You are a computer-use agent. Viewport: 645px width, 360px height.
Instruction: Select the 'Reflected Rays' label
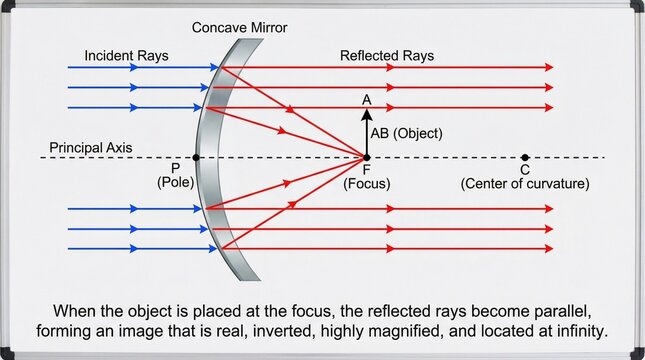(387, 55)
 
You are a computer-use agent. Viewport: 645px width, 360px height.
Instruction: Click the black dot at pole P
(196, 157)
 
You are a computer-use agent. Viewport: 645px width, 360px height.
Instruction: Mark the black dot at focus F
(366, 157)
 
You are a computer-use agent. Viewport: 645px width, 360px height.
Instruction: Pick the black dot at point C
(525, 157)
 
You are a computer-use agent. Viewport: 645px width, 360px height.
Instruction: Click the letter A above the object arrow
(367, 101)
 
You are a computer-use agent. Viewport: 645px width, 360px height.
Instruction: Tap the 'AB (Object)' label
(406, 132)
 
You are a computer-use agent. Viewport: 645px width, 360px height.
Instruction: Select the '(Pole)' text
(176, 183)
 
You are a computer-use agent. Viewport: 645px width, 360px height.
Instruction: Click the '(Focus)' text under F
(366, 184)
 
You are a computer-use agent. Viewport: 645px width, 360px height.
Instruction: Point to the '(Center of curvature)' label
(525, 184)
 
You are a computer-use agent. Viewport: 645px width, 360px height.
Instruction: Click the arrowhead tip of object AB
(366, 112)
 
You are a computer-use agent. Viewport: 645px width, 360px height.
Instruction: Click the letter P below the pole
(176, 169)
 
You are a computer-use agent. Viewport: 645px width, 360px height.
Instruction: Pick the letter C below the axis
(525, 170)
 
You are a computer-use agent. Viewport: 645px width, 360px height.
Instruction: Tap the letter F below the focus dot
(366, 170)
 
